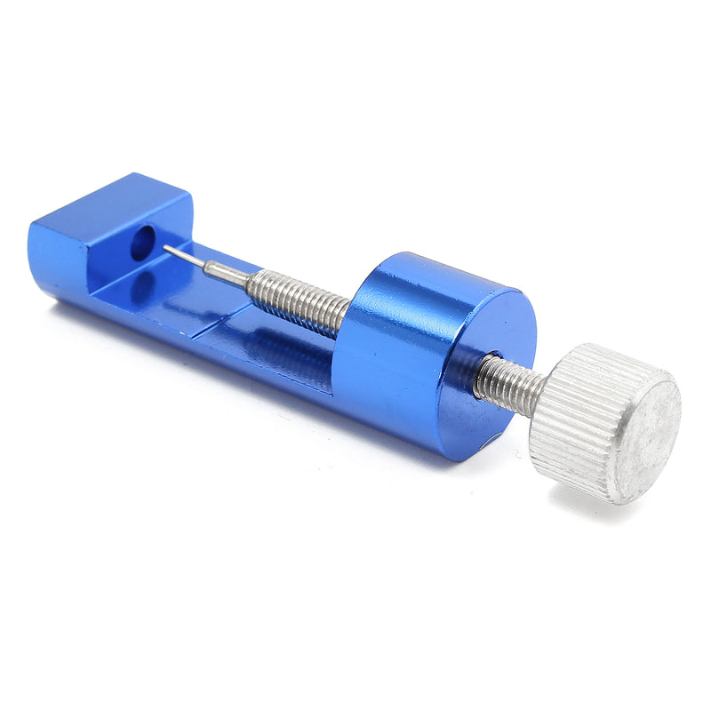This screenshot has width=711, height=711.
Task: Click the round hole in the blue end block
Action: (x=143, y=243)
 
